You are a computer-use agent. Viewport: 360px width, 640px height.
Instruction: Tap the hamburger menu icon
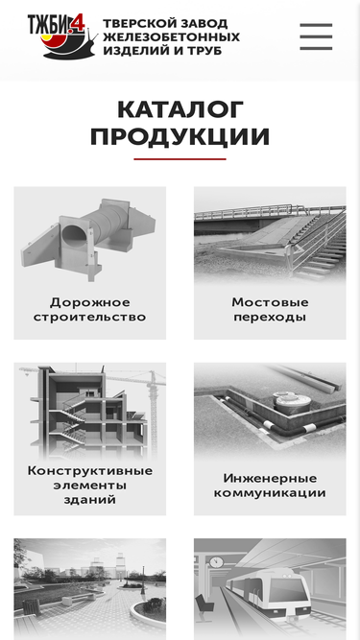point(316,36)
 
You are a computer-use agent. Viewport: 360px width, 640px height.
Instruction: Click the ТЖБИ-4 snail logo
point(62,36)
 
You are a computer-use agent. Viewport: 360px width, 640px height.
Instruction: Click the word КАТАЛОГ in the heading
point(180,109)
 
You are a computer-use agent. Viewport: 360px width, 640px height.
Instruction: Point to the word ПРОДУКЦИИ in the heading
point(180,136)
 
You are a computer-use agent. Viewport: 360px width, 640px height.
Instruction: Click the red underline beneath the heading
point(180,158)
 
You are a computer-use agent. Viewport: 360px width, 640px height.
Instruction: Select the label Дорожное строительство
point(90,310)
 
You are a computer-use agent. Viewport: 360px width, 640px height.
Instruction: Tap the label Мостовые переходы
point(270,310)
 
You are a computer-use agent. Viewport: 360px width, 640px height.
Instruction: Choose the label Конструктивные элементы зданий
point(90,486)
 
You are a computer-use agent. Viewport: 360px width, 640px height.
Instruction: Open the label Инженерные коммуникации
point(270,486)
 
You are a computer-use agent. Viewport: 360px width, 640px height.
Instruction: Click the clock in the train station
point(216,561)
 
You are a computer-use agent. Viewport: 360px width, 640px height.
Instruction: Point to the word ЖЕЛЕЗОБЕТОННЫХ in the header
point(172,37)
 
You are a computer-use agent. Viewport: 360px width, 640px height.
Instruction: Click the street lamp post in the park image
point(143,580)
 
